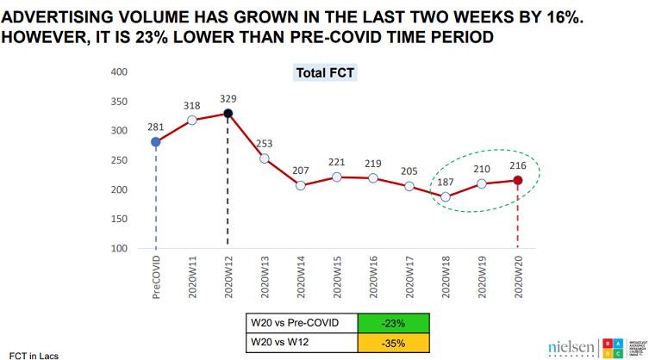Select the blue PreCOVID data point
pos(155,142)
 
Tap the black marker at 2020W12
pos(228,114)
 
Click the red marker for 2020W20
pos(517,180)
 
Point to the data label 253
pos(265,144)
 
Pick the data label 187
pos(446,183)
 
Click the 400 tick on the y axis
pos(119,71)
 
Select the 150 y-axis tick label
pos(119,219)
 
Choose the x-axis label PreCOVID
pos(156,275)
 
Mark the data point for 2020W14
pos(300,185)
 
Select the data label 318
pos(192,106)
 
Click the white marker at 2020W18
pos(445,197)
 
